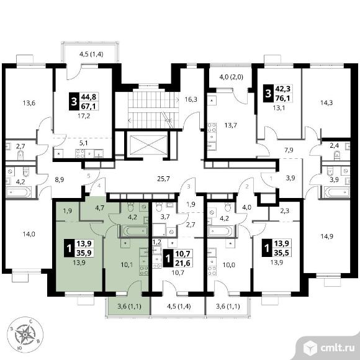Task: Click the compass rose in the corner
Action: point(25,334)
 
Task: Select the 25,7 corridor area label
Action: point(163,178)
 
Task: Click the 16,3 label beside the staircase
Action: point(191,99)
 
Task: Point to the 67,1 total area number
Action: point(88,106)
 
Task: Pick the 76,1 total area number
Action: point(282,98)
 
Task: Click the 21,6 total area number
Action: point(182,263)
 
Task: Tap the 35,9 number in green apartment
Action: point(84,253)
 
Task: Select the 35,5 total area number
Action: point(281,253)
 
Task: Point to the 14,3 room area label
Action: point(326,102)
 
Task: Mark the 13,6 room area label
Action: point(29,103)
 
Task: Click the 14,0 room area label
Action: point(29,234)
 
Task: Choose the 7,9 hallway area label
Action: point(289,150)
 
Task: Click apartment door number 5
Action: point(89,176)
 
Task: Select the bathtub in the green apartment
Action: point(135,231)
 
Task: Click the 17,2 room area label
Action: point(84,116)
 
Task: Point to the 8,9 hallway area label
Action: point(59,179)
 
